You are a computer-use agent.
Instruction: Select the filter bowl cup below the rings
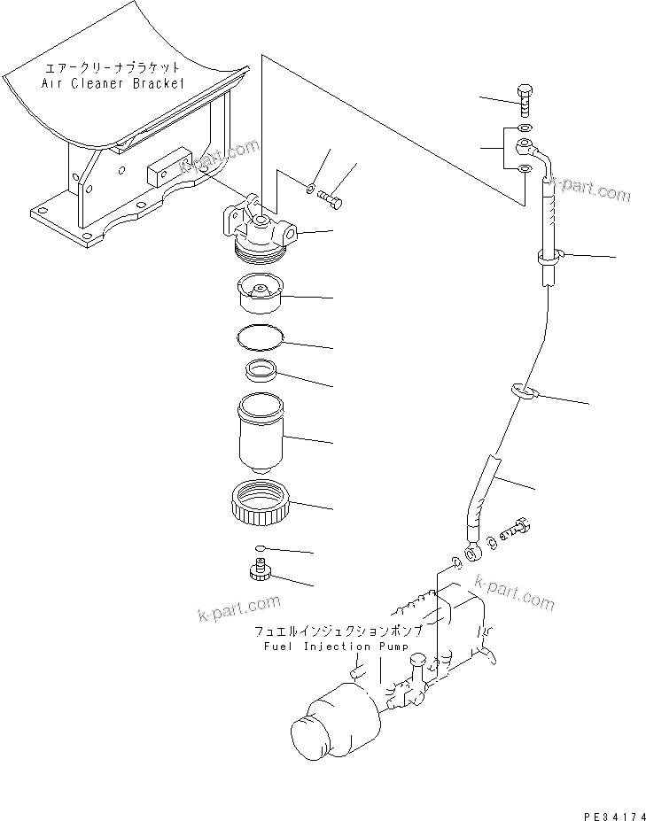(x=261, y=432)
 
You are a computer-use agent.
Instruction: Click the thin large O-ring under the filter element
(x=261, y=337)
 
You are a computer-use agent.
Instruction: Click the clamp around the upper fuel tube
(x=548, y=258)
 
